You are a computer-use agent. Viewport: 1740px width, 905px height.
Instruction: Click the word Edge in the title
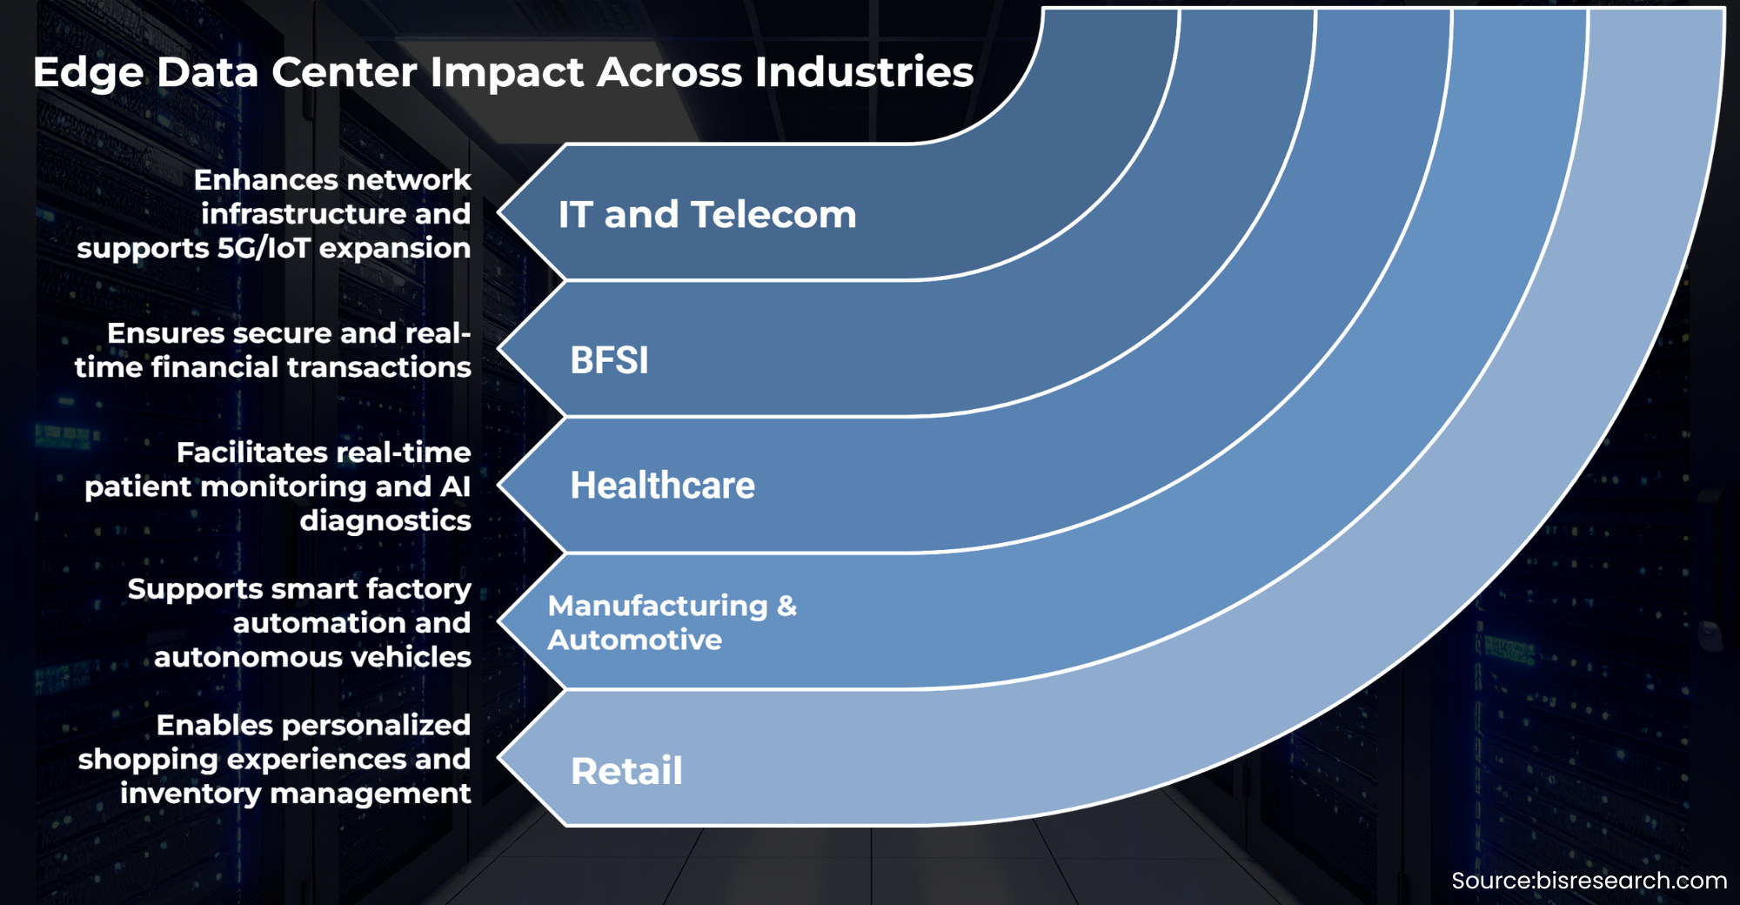point(88,73)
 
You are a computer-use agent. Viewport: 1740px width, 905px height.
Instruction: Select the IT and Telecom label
point(707,214)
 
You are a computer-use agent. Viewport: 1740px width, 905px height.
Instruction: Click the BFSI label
point(609,360)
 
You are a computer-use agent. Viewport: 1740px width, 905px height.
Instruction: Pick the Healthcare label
point(662,486)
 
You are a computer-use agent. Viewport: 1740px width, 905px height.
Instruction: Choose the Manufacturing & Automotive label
point(672,622)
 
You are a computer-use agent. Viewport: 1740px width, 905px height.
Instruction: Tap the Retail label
point(626,771)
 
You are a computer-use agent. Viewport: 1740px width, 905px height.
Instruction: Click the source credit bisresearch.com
point(1631,881)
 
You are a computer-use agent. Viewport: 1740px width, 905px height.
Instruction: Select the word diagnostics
point(385,521)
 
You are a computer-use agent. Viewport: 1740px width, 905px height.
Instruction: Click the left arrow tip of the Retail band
point(499,758)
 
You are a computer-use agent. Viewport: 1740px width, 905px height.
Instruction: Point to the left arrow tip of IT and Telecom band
point(499,211)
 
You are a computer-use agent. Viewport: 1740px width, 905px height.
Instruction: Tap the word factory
point(418,590)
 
